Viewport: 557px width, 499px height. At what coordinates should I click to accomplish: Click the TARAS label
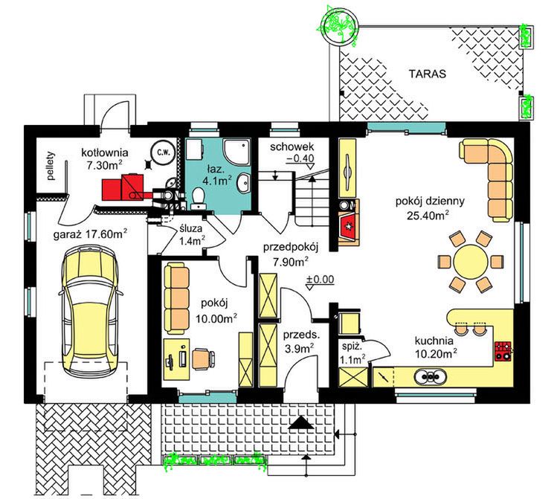427,74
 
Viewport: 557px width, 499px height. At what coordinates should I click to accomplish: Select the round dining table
471,262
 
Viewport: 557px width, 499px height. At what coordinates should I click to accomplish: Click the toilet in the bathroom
198,198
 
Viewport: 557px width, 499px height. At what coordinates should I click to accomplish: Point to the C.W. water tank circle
162,153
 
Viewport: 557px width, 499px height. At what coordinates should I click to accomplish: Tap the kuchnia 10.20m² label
436,347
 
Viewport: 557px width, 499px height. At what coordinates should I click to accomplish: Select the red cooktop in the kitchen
503,350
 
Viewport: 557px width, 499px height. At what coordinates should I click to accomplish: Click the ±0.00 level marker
320,282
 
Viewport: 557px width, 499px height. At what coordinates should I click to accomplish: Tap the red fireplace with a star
348,226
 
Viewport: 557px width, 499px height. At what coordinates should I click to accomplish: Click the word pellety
51,166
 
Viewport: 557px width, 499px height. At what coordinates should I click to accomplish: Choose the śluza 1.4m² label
191,236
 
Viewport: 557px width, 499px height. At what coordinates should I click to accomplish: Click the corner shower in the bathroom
237,152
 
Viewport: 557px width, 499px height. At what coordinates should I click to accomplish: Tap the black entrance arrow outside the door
301,422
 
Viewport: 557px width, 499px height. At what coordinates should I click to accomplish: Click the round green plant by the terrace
340,25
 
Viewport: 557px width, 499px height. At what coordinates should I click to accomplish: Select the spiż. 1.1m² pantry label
352,353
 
